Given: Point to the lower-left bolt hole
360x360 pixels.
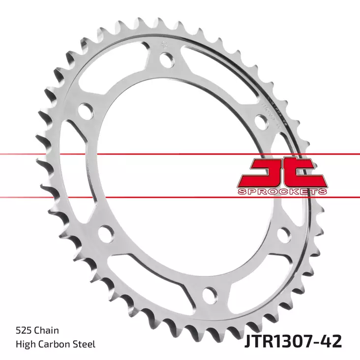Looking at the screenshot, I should point(105,231).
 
